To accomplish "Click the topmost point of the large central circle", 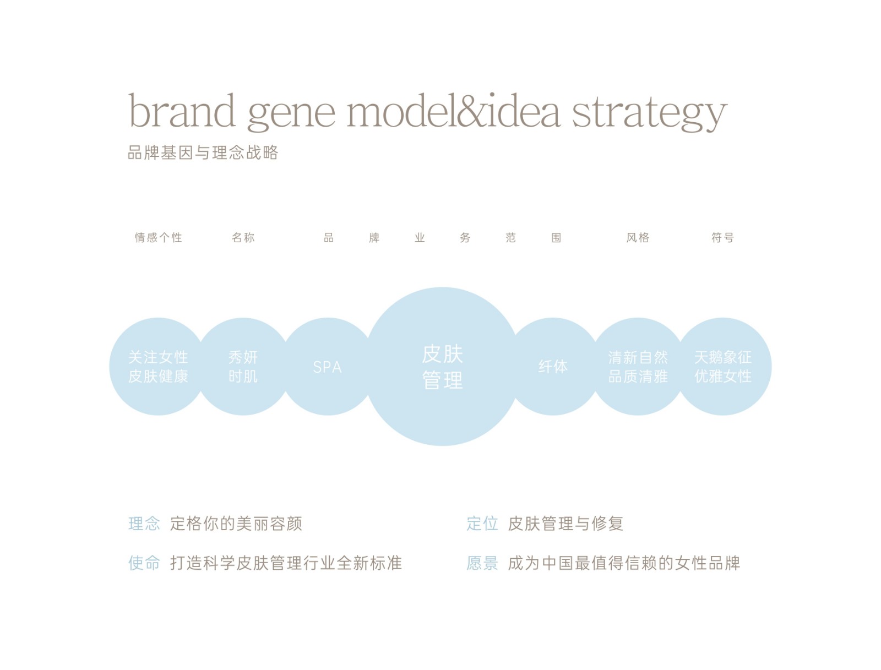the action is tap(442, 287).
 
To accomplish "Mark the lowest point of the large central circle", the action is tap(442, 446).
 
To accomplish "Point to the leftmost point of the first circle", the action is tap(110, 366).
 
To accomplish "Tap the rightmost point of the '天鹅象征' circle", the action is tap(771, 366).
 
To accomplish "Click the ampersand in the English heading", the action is tap(472, 110).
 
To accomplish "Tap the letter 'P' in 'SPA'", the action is tap(327, 367).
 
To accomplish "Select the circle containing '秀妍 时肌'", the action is tap(243, 366).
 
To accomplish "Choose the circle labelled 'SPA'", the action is tap(328, 366).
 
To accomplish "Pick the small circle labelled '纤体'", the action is tap(553, 366).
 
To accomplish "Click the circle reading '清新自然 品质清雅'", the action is tap(638, 366).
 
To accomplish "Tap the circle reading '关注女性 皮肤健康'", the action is tap(158, 366).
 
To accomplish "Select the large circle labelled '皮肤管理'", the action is tap(442, 366).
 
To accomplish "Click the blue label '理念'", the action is tap(144, 524).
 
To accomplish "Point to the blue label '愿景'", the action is tap(482, 563).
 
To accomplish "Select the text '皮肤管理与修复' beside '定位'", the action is tap(565, 524).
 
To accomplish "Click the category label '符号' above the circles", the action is tap(722, 237).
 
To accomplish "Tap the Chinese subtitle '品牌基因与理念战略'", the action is tap(203, 152).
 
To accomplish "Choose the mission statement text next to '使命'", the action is tap(286, 563).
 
